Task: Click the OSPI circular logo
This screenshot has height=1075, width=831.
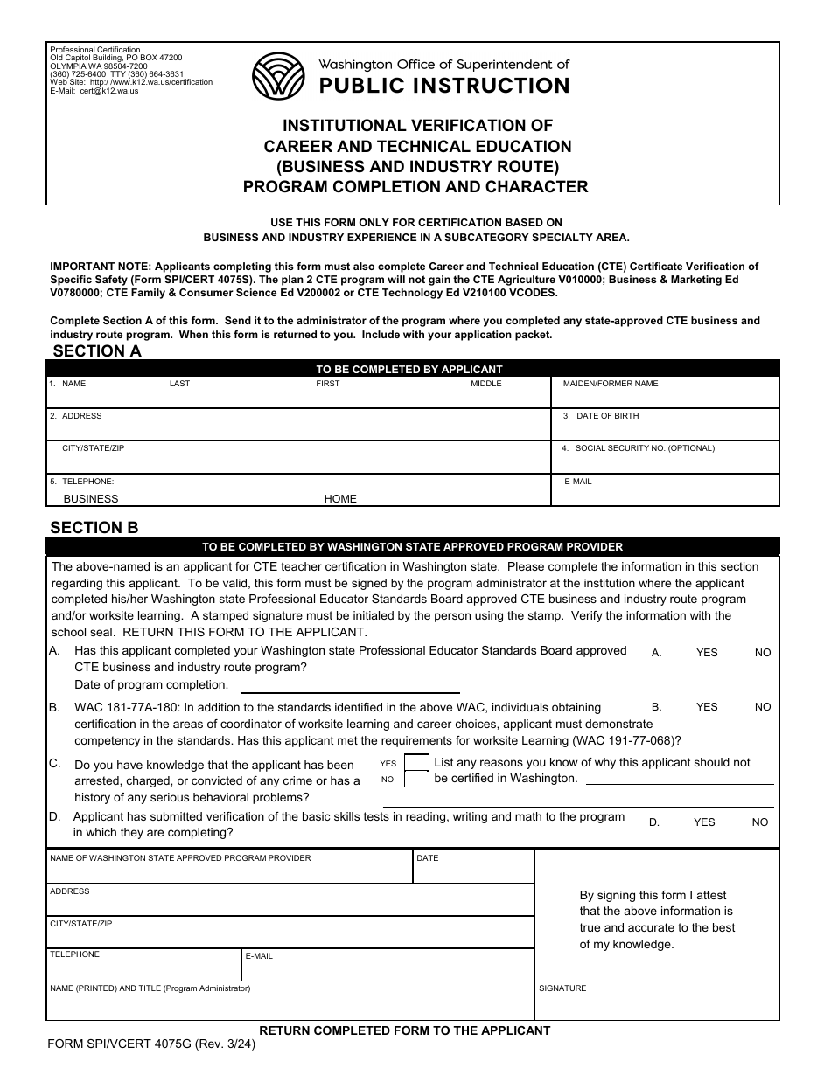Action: click(277, 76)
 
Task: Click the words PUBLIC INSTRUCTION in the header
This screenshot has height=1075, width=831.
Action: click(443, 85)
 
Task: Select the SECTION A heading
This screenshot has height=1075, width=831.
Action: click(97, 351)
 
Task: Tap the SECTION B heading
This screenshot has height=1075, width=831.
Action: click(94, 527)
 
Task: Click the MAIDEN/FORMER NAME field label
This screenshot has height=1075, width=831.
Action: click(611, 384)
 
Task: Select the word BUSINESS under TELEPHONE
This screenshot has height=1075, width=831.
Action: click(91, 499)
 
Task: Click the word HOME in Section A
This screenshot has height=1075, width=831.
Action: click(340, 499)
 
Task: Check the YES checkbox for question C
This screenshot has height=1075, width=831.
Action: click(417, 762)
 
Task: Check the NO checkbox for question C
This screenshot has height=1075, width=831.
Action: click(417, 779)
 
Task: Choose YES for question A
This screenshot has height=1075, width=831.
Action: click(707, 653)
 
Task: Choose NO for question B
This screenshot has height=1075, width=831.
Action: click(763, 707)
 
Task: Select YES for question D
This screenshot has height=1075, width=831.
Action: click(704, 822)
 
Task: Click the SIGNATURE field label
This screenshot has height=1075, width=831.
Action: click(562, 988)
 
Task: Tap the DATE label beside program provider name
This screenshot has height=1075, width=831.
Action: click(428, 858)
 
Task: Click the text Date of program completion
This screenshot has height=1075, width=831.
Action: click(151, 685)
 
